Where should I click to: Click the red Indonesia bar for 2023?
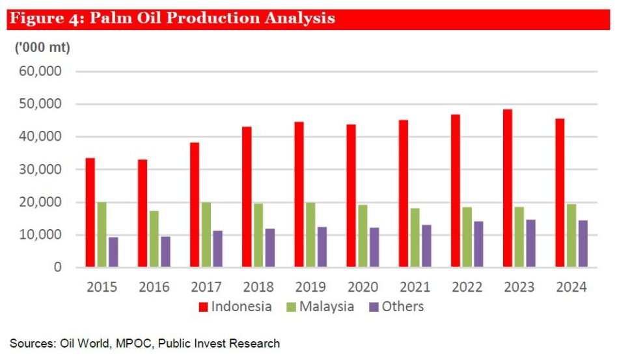[508, 188]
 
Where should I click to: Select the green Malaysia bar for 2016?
[154, 239]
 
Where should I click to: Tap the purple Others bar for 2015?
[113, 252]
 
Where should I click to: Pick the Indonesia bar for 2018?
[247, 197]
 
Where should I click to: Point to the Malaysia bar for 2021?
[415, 238]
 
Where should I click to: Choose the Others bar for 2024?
[583, 244]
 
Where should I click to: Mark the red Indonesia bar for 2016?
[143, 214]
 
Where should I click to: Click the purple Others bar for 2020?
[374, 247]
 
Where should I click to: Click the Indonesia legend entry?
[236, 307]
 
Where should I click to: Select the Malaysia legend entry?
[320, 307]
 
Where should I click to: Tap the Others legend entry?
[396, 307]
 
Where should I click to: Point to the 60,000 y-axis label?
[40, 71]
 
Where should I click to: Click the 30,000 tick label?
[40, 169]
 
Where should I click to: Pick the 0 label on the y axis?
[58, 267]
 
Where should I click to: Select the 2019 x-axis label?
[310, 287]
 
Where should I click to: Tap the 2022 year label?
[467, 287]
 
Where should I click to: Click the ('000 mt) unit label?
[42, 48]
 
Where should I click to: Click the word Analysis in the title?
[300, 18]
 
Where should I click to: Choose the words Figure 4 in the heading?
[45, 18]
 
